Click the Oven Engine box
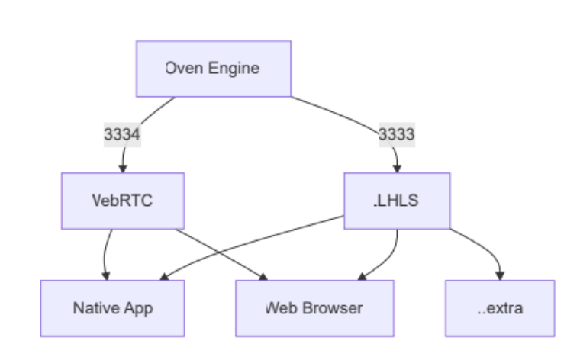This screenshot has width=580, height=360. (x=214, y=69)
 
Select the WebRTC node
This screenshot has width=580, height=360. (x=123, y=201)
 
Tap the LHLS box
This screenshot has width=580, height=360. (x=397, y=201)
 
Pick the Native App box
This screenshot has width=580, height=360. (x=112, y=308)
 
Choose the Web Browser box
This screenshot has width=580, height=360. (x=314, y=308)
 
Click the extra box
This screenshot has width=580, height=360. (x=500, y=308)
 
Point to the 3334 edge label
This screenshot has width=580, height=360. (x=122, y=135)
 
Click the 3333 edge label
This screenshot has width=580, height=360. (x=397, y=135)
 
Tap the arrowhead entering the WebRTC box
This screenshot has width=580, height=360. (x=123, y=168)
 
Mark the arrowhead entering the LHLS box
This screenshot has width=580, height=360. (x=397, y=168)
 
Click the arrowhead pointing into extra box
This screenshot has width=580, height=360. (x=501, y=275)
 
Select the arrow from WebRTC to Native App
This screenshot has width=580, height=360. (x=106, y=252)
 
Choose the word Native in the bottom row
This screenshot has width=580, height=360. (x=96, y=308)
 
